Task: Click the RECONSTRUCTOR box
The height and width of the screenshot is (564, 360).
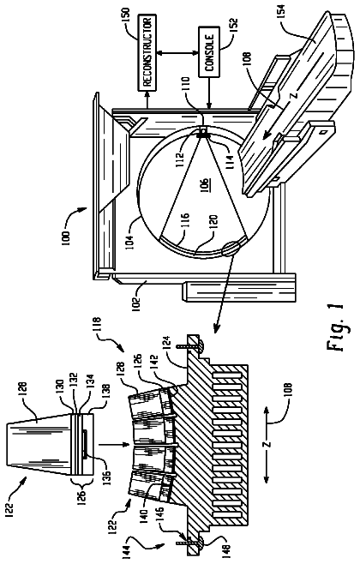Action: coord(147,53)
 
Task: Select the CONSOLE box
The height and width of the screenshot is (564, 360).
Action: coord(208,53)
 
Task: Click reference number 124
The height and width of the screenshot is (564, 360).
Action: coord(170,345)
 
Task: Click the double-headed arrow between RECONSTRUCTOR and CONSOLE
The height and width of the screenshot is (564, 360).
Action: coord(177,53)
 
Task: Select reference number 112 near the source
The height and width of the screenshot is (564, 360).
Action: coord(180,158)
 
